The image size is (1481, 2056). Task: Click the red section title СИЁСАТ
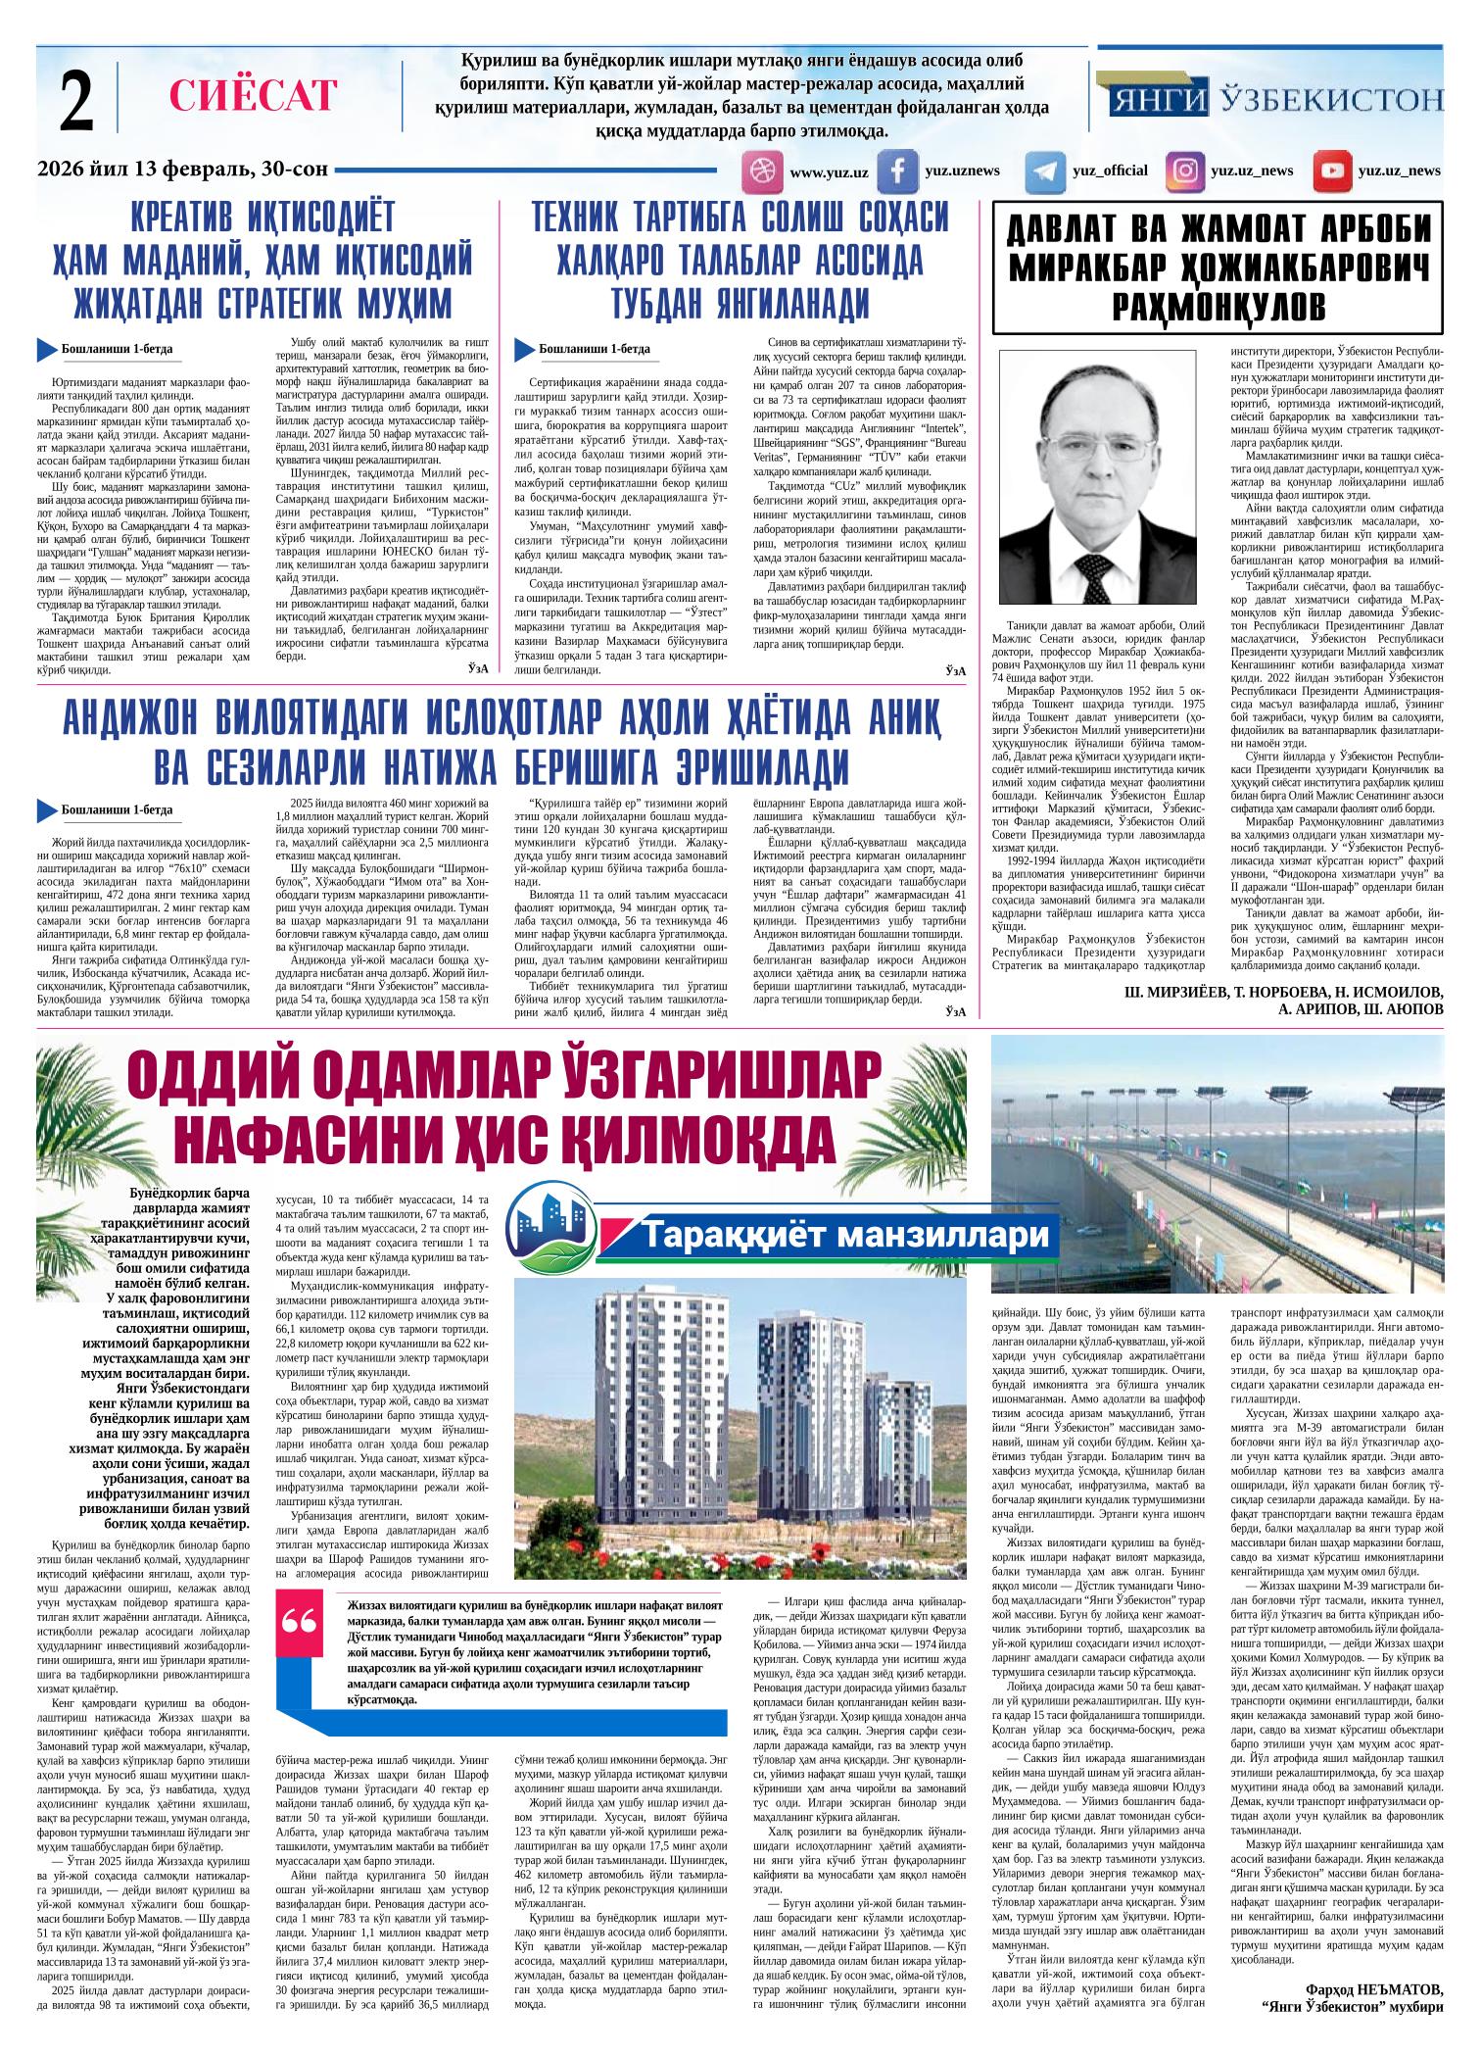253,95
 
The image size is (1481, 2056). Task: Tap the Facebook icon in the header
896,171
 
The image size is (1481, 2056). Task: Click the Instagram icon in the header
1185,171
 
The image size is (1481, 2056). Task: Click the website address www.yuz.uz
829,172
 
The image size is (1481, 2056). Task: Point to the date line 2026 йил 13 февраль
181,170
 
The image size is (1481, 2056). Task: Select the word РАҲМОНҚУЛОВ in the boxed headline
1219,305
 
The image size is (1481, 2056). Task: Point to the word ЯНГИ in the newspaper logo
1161,99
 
